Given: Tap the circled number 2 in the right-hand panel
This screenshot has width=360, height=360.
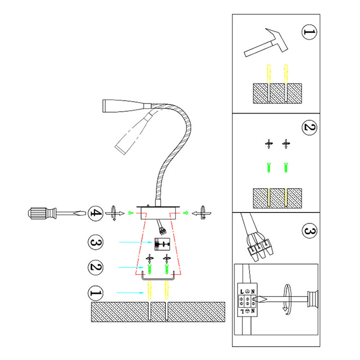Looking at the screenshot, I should click(309, 128).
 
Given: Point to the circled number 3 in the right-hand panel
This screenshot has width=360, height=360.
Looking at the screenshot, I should click(309, 232).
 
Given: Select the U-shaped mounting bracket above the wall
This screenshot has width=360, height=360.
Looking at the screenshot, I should click(157, 275).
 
